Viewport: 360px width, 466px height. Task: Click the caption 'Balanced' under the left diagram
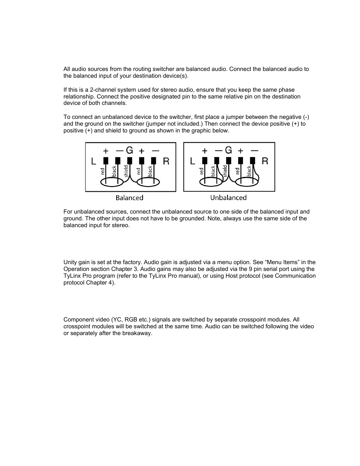pos(129,198)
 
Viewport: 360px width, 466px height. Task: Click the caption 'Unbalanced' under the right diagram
pos(228,198)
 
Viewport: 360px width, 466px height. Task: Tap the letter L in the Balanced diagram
pos(94,162)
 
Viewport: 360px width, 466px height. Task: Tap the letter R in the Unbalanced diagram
pos(265,161)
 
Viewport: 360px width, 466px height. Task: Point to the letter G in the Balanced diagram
pos(129,150)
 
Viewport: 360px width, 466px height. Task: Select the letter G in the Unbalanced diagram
pos(228,150)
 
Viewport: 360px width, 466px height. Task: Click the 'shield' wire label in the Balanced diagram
pos(126,171)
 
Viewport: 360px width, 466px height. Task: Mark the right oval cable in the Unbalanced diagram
pos(247,183)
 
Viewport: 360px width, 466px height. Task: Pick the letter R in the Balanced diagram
pos(166,162)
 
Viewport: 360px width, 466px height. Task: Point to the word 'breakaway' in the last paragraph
pos(138,334)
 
